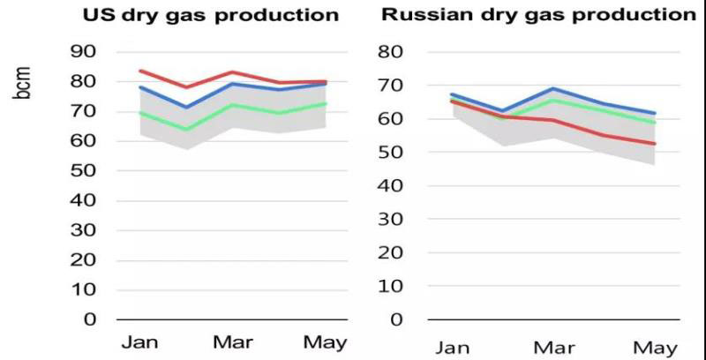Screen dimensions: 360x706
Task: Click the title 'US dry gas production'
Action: (210, 16)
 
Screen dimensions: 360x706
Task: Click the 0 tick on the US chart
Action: (90, 319)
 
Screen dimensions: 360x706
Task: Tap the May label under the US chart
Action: (325, 341)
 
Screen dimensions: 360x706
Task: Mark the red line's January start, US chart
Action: (140, 71)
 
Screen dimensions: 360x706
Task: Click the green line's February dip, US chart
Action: (186, 129)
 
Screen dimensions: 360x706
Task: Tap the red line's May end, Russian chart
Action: (655, 144)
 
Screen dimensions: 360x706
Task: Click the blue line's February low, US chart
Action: (186, 108)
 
